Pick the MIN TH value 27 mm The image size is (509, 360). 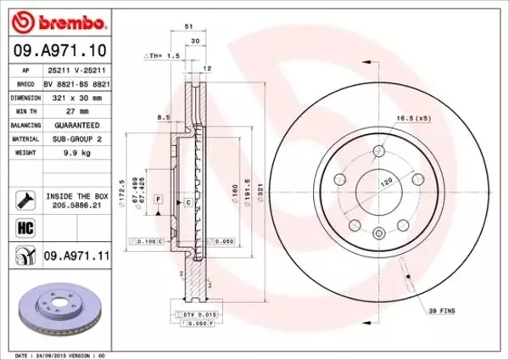[x=77, y=110]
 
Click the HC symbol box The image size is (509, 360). [x=24, y=227]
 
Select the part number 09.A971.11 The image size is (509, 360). [x=79, y=253]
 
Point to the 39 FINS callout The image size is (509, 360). [x=440, y=312]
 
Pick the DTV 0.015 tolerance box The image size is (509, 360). [x=202, y=315]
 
